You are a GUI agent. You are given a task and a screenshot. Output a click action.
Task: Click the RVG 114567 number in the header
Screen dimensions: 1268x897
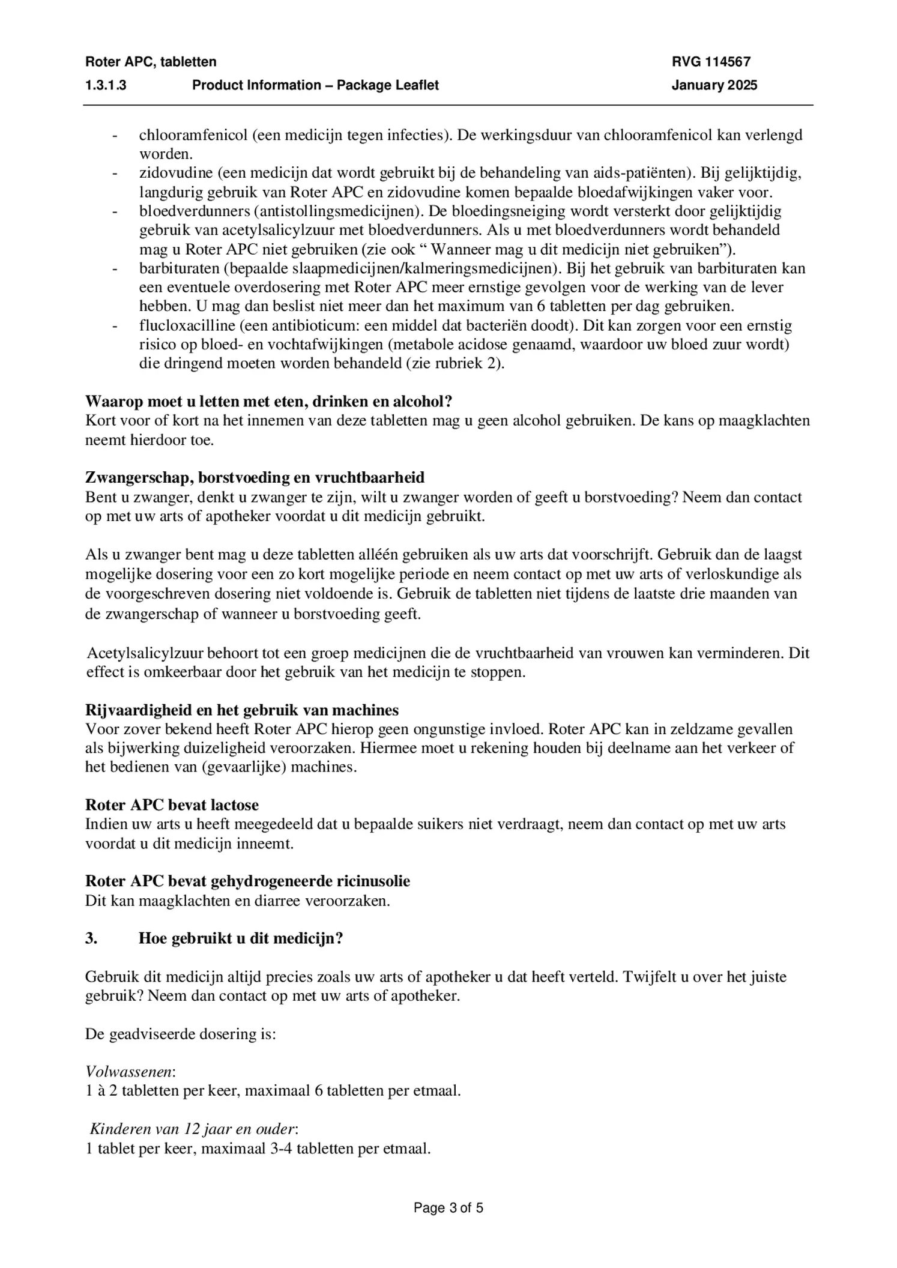711,62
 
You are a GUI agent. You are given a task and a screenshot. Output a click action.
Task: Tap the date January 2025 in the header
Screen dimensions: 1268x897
714,85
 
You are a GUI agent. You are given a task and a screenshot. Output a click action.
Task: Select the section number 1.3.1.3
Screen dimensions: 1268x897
106,85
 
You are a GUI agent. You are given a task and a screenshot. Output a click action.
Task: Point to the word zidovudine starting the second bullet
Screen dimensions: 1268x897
176,174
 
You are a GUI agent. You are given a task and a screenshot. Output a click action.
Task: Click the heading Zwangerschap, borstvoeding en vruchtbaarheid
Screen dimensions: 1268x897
255,477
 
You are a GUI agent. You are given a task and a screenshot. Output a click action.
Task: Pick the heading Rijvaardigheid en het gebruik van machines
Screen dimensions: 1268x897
241,710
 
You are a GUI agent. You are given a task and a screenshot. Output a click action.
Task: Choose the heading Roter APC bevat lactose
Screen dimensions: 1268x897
172,805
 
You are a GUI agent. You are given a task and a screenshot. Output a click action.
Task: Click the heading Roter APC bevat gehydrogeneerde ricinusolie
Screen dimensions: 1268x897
247,881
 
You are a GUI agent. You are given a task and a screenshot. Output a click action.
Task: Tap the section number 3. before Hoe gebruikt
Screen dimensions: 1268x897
91,938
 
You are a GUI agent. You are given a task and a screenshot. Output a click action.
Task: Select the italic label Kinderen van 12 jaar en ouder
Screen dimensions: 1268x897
193,1129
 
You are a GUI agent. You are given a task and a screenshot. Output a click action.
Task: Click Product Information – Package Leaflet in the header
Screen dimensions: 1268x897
315,85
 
